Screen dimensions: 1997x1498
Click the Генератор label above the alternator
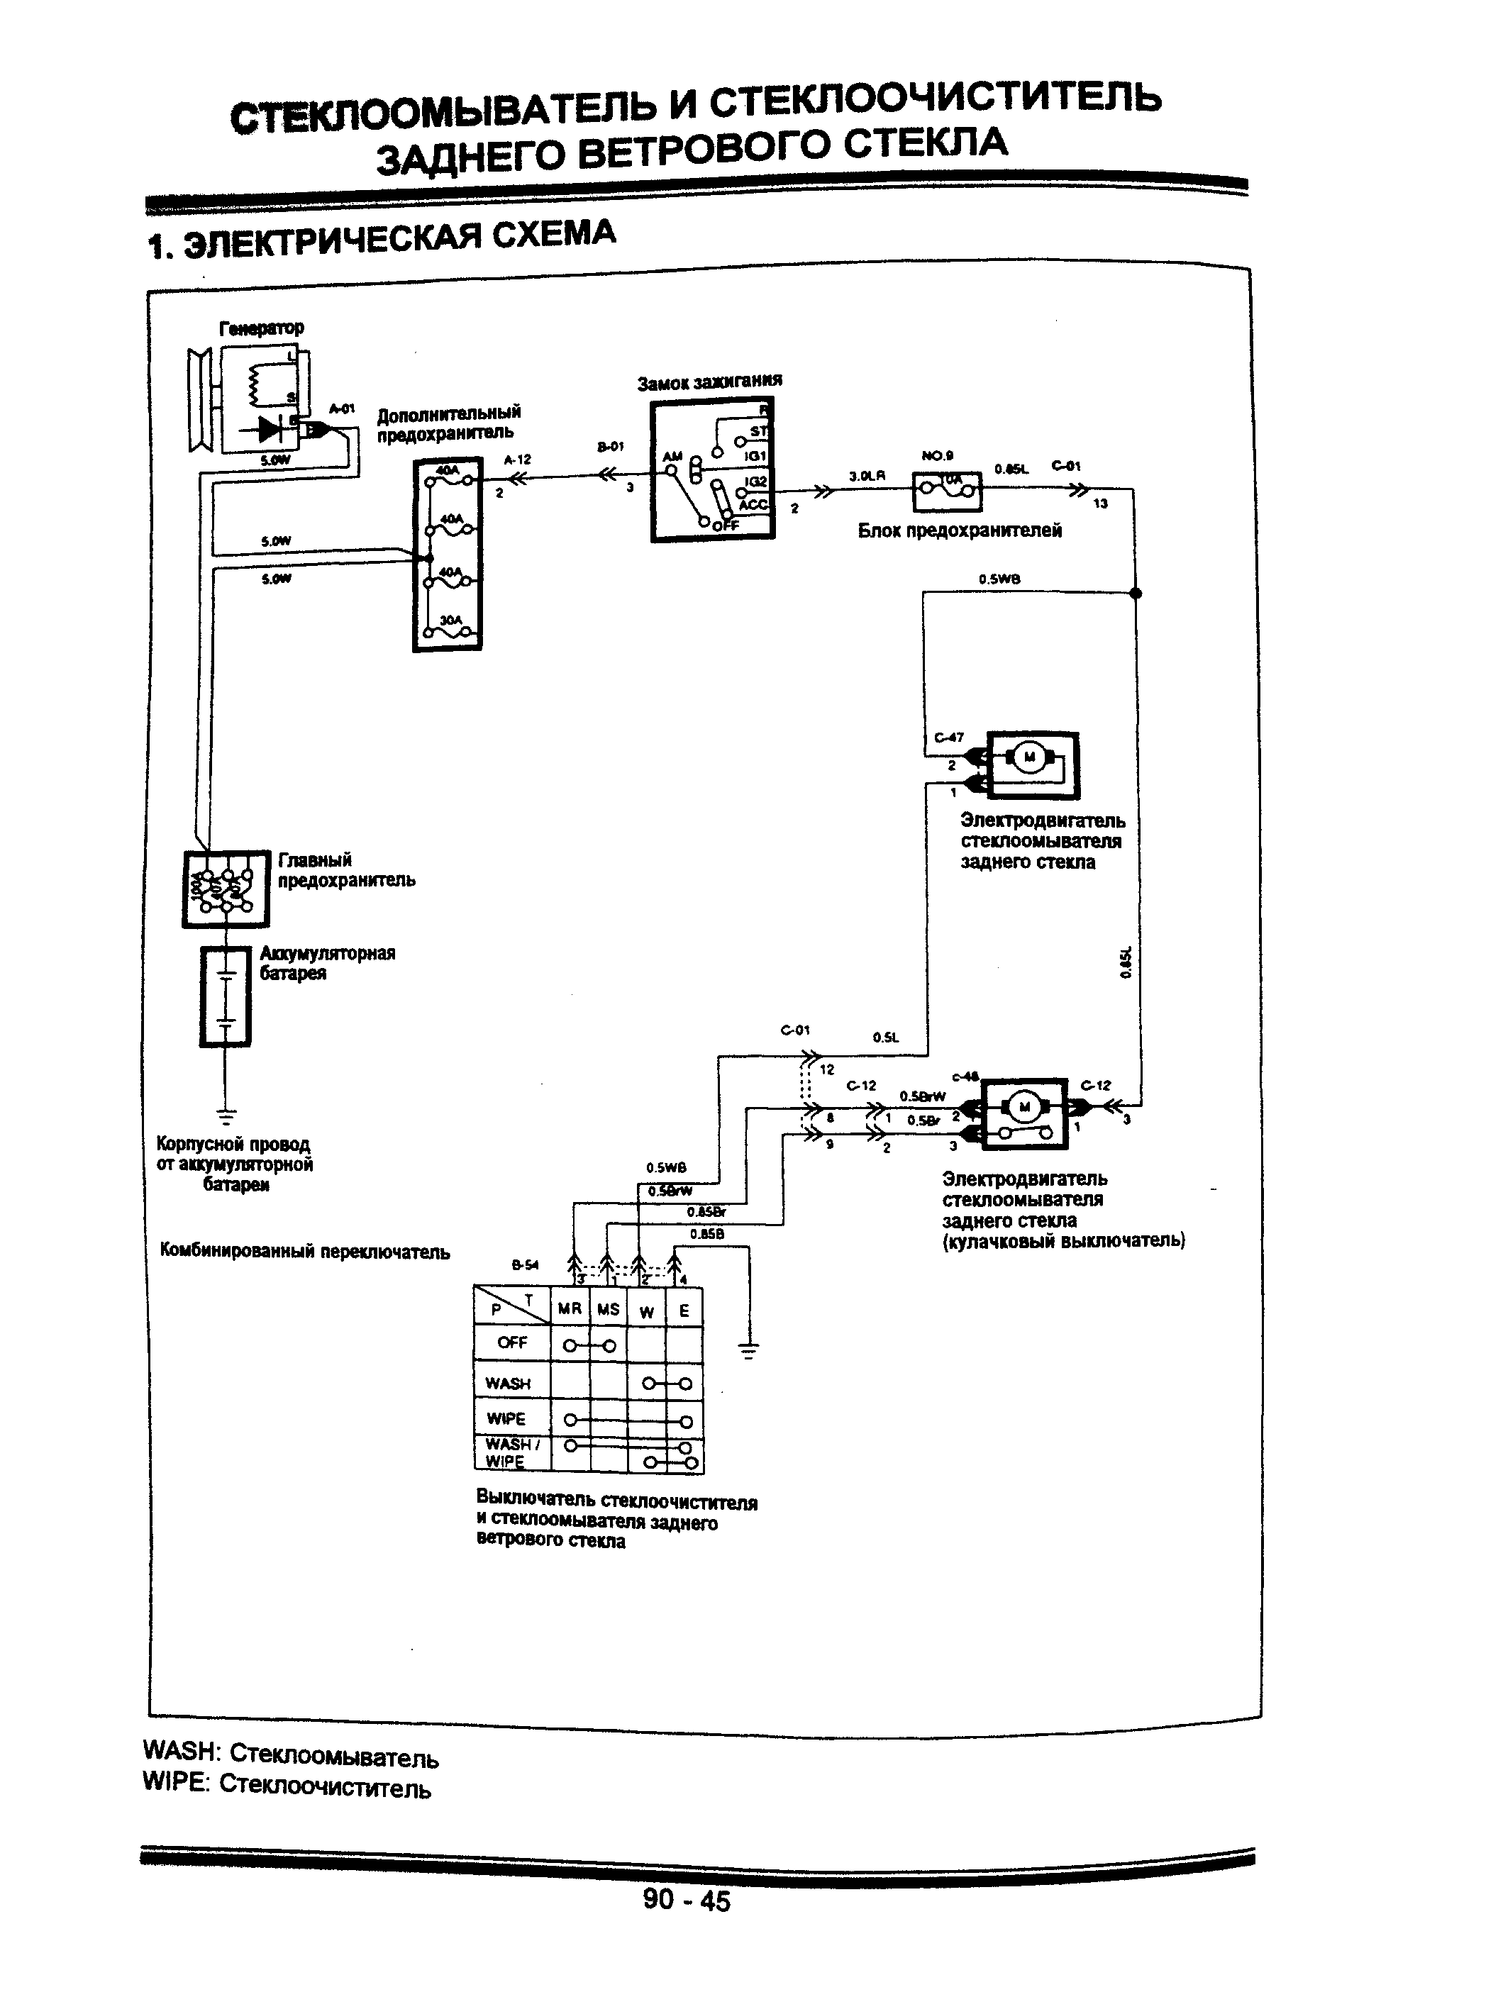(x=261, y=327)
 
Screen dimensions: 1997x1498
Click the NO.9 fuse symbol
(x=946, y=490)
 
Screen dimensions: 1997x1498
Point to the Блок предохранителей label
(x=959, y=531)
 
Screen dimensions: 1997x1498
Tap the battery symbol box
(x=225, y=996)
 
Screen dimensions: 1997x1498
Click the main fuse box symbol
(x=226, y=889)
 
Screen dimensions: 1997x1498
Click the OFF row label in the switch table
(x=511, y=1342)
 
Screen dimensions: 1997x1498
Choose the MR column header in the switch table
(x=569, y=1309)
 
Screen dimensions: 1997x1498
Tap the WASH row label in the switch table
(x=507, y=1383)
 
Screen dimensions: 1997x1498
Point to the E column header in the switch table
(x=684, y=1310)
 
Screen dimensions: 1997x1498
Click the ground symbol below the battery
(x=225, y=1116)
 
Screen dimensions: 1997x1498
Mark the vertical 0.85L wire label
(x=1124, y=962)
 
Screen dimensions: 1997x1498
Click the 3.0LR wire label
(x=866, y=475)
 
